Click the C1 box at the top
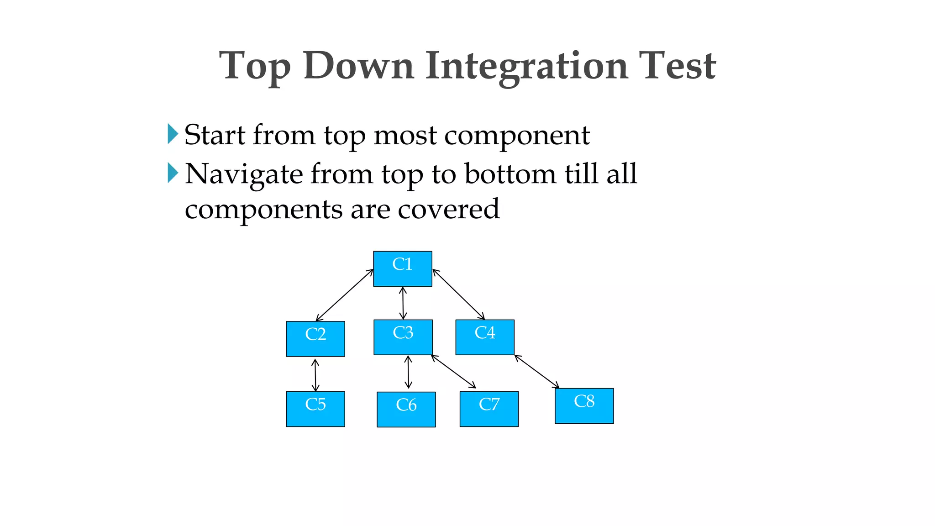[402, 268]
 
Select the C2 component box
[315, 339]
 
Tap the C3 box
[403, 337]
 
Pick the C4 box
[484, 337]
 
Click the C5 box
[315, 409]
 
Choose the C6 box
[406, 409]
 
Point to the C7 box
[489, 409]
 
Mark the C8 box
[584, 405]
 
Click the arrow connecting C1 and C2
[345, 295]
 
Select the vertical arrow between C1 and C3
[403, 303]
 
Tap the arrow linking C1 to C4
[458, 294]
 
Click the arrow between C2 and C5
[315, 375]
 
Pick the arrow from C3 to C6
[408, 372]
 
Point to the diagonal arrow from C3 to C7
[453, 372]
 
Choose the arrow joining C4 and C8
[537, 372]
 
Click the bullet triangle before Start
[173, 134]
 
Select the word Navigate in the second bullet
[244, 174]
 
